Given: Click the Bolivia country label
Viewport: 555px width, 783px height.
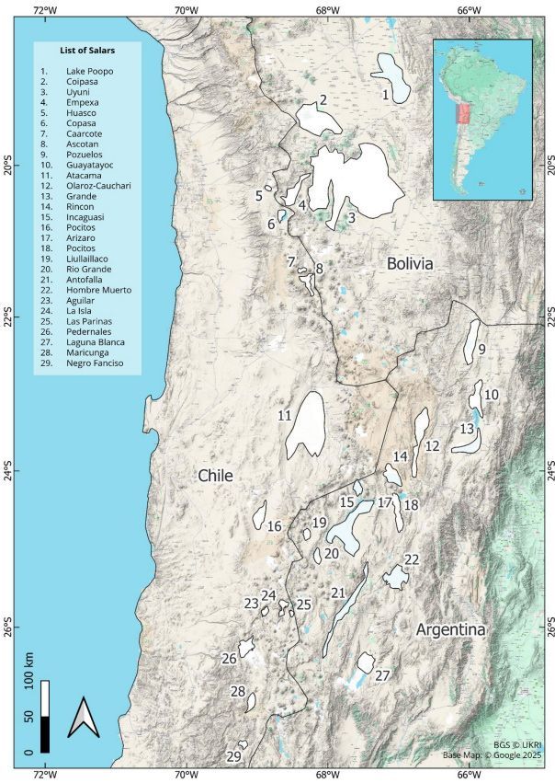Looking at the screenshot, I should (x=409, y=263).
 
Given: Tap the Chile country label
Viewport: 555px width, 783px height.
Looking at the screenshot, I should (x=215, y=475).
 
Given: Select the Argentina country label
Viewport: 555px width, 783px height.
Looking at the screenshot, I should (x=449, y=629).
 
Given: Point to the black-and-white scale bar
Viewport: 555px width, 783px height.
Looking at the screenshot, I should (x=44, y=717).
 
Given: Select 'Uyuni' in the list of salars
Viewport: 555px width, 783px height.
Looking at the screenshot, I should (x=78, y=92).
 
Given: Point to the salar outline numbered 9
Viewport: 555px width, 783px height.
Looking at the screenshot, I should (x=472, y=340).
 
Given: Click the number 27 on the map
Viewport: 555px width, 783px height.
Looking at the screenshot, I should (x=382, y=675).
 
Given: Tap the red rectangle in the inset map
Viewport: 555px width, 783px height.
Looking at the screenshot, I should (x=463, y=115).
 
